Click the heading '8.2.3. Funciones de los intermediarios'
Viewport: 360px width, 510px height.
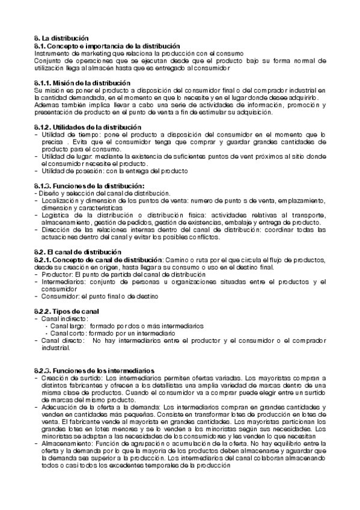(94, 370)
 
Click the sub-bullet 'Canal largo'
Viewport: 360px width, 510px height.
(67, 325)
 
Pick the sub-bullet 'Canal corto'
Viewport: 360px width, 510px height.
(68, 333)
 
